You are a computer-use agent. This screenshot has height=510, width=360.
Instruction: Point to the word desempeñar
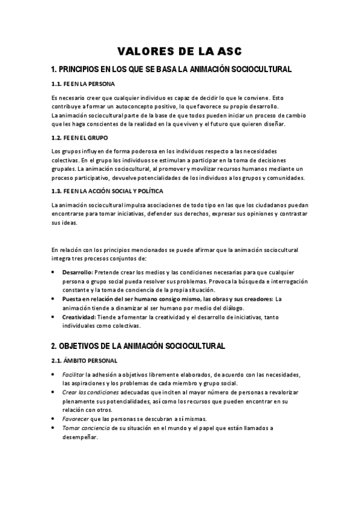point(79,437)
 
